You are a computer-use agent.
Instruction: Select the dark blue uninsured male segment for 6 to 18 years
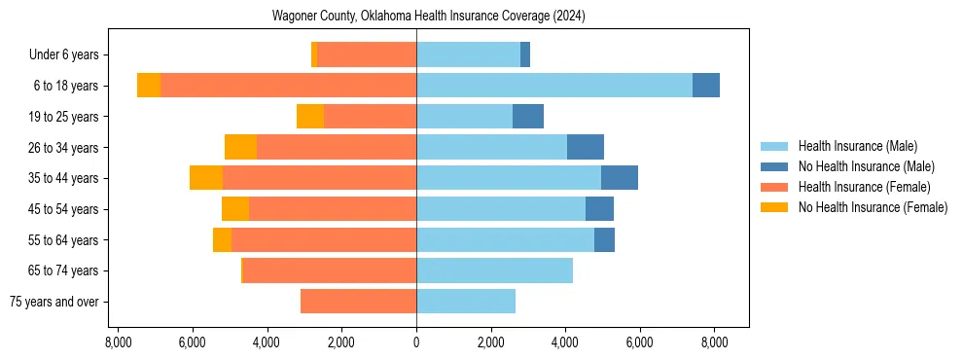[x=706, y=86]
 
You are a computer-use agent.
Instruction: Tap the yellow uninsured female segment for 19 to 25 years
[x=310, y=117]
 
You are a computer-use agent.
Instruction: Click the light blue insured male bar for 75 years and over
[x=466, y=302]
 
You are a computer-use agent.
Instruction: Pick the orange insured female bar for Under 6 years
[x=367, y=54]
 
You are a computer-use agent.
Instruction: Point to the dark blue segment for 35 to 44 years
[x=620, y=178]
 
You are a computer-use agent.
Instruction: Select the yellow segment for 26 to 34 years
[x=240, y=147]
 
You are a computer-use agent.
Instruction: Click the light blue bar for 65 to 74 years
[x=494, y=270]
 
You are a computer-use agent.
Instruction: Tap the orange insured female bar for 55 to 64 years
[x=324, y=239]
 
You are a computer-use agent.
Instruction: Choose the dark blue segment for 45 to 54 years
[x=599, y=209]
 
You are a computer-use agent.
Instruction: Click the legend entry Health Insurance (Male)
[x=857, y=146]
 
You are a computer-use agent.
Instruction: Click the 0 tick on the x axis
[x=416, y=343]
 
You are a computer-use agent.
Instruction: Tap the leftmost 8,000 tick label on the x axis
[x=118, y=343]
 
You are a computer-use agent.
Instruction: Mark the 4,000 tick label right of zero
[x=565, y=343]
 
